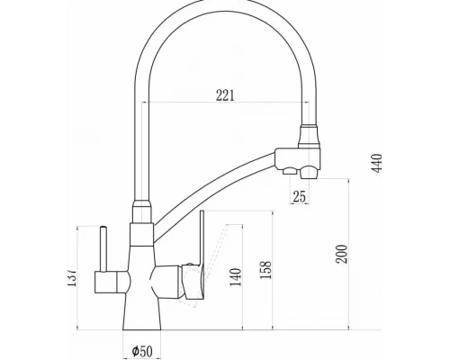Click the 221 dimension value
225,95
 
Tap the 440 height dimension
377,163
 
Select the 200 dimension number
341,255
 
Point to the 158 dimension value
265,270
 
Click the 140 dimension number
236,277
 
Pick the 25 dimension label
299,196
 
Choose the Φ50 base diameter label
142,350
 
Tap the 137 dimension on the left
72,276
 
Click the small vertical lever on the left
103,248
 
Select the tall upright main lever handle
202,240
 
